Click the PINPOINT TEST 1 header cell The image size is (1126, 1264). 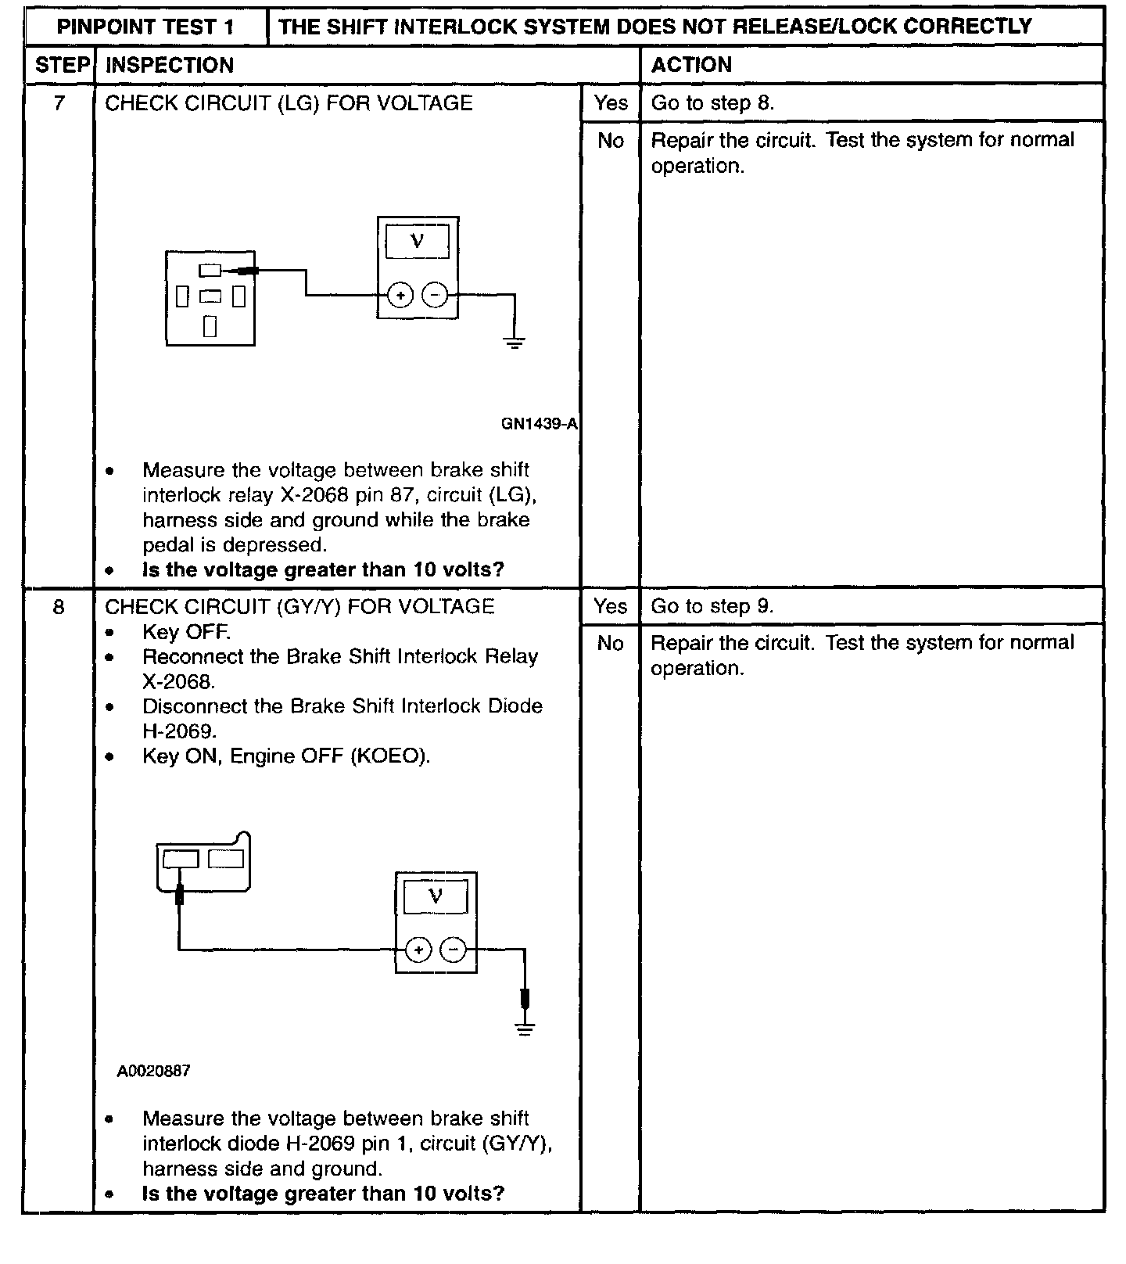145,27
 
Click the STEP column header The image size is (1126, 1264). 63,66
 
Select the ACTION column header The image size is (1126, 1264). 691,66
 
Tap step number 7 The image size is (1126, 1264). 59,103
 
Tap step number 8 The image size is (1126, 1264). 59,607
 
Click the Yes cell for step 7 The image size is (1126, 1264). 610,103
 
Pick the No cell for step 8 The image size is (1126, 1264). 610,644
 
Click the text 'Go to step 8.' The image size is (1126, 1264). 712,103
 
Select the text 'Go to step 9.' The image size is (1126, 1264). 712,607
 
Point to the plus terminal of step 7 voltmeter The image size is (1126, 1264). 400,296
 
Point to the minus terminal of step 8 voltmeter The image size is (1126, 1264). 454,950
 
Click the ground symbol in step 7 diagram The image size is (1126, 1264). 514,342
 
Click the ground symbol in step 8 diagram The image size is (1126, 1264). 525,1029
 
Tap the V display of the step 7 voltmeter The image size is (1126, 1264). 418,241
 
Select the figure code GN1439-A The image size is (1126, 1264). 539,425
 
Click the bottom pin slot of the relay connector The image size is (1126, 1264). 210,326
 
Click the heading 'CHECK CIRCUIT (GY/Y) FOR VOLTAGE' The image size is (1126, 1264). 299,607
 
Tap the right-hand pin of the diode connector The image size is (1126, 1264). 226,859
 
